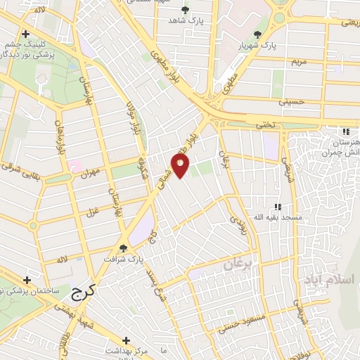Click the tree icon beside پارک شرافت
(x=124, y=247)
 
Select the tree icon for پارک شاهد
(x=185, y=10)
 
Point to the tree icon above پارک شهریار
(x=259, y=34)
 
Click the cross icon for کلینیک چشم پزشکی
(x=25, y=34)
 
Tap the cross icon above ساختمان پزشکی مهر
(x=27, y=279)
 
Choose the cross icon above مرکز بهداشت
(x=127, y=339)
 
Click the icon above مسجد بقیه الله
(x=278, y=207)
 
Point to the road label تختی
(x=264, y=124)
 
